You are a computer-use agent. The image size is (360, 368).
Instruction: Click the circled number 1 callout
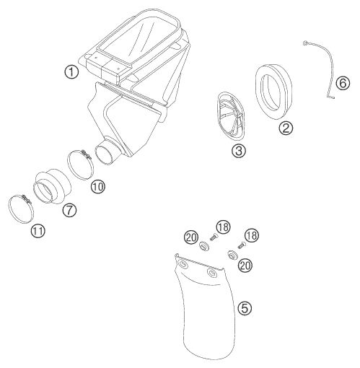point(71,72)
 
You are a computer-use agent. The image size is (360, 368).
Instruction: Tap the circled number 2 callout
point(286,128)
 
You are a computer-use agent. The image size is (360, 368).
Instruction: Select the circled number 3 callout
point(239,151)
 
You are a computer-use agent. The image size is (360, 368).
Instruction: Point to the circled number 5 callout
point(245,308)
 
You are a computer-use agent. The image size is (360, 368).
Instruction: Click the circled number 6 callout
point(343,83)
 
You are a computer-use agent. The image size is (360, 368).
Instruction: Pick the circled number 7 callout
point(69,210)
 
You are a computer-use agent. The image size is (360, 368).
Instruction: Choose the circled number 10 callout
point(98,186)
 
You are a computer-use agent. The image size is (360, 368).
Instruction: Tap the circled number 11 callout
point(38,231)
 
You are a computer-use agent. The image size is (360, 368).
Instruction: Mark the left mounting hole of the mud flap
point(183,264)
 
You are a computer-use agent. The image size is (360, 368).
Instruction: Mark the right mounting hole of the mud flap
point(211,273)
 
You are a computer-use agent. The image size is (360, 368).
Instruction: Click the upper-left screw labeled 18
point(214,237)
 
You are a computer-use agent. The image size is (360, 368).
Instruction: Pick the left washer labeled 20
point(203,246)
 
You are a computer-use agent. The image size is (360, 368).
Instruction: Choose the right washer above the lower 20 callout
point(232,255)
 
